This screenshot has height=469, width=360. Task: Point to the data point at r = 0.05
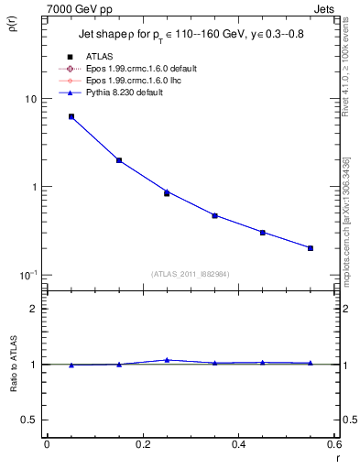71,116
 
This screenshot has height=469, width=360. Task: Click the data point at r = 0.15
119,160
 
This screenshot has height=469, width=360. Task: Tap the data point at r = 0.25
167,193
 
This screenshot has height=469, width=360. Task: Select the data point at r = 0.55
311,248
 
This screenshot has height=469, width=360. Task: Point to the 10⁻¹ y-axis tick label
29,276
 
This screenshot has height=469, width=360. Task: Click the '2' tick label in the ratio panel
34,310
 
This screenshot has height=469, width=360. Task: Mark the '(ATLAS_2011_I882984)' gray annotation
190,273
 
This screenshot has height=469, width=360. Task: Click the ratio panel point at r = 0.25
167,360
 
